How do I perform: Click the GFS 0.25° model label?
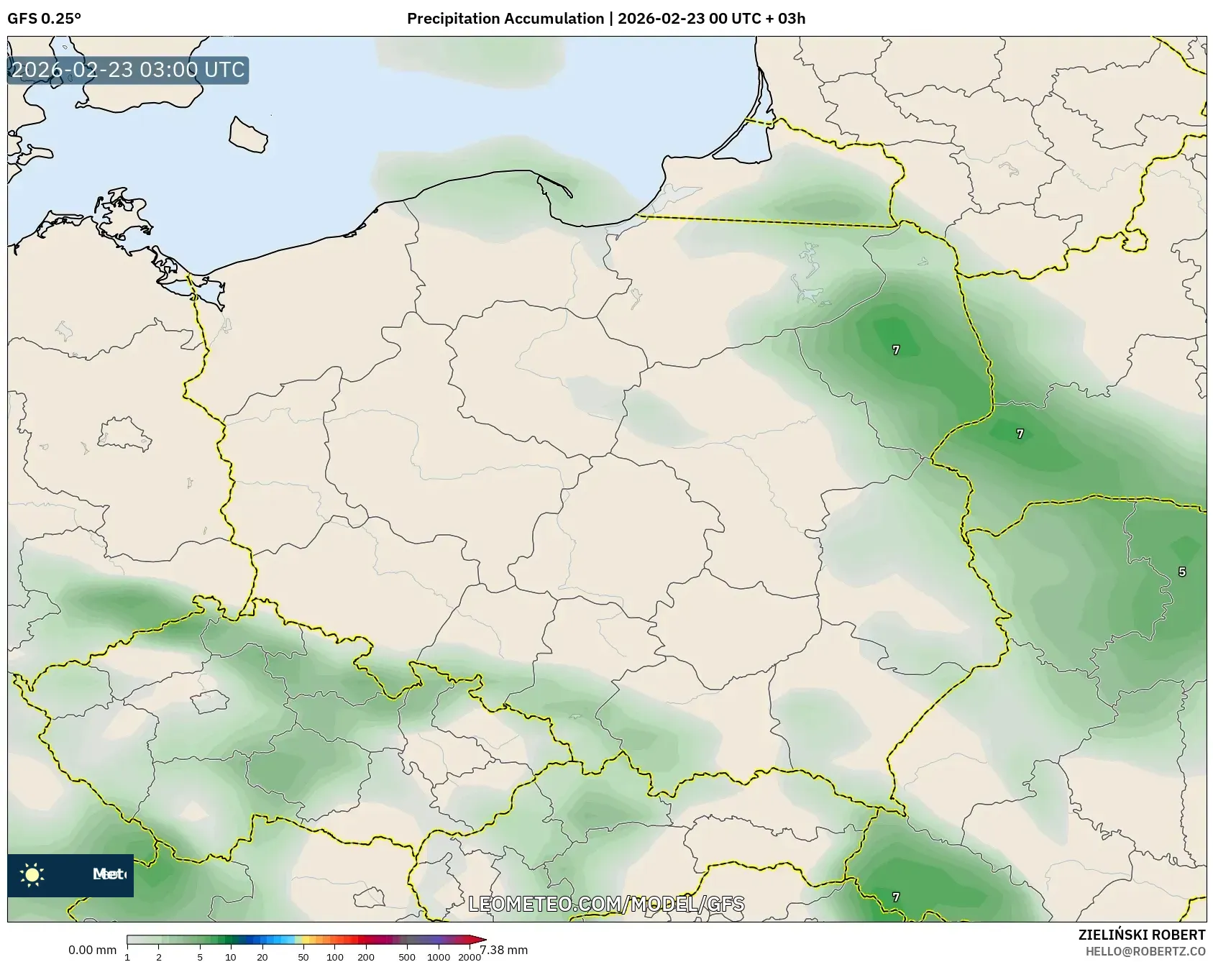click(44, 19)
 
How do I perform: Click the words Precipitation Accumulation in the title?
click(505, 19)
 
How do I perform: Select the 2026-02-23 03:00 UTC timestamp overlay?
click(128, 70)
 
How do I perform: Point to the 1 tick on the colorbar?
click(127, 956)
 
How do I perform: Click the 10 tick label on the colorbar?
click(230, 956)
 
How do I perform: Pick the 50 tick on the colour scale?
click(303, 956)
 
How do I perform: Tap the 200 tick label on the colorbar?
click(366, 956)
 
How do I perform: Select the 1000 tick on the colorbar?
click(439, 956)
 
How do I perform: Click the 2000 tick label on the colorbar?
click(470, 956)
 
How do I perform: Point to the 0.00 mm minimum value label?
click(92, 950)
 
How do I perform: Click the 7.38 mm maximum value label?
click(504, 950)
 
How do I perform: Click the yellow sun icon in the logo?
click(32, 875)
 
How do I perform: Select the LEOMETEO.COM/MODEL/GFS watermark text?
click(606, 904)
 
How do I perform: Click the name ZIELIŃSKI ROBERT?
click(1142, 935)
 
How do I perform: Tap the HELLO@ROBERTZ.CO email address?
click(1145, 951)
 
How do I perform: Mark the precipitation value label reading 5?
click(1182, 572)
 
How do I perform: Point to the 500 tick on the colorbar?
click(407, 956)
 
